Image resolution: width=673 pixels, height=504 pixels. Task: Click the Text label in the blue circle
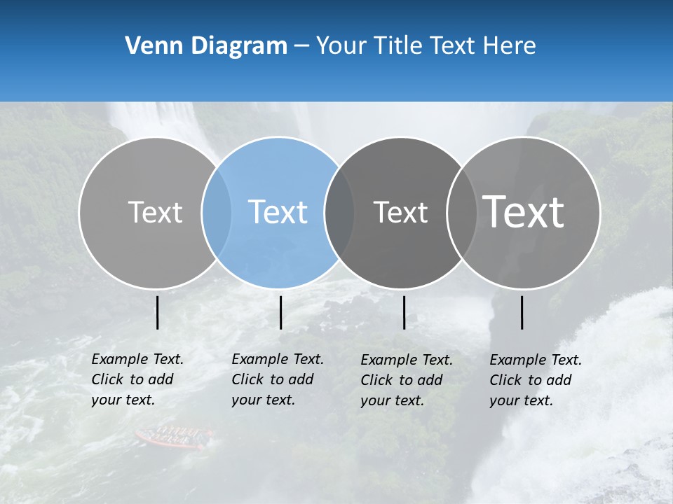[278, 212]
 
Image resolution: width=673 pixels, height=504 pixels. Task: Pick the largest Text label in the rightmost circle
[523, 211]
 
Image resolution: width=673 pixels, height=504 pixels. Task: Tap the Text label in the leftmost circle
[155, 212]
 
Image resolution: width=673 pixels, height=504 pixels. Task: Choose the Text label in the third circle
[400, 212]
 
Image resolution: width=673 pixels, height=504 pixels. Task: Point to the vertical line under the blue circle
[280, 312]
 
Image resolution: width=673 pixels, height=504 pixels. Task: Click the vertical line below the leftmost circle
[158, 312]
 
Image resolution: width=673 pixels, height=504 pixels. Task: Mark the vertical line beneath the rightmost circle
[522, 312]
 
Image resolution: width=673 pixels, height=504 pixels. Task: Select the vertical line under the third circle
[405, 312]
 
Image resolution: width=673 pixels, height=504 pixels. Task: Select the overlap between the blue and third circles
[339, 212]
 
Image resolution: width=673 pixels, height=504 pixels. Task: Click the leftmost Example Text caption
[137, 379]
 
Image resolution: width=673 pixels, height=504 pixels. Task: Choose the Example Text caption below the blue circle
[277, 379]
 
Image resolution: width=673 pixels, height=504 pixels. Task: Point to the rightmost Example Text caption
[535, 380]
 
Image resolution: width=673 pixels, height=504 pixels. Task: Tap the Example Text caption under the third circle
[406, 380]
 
